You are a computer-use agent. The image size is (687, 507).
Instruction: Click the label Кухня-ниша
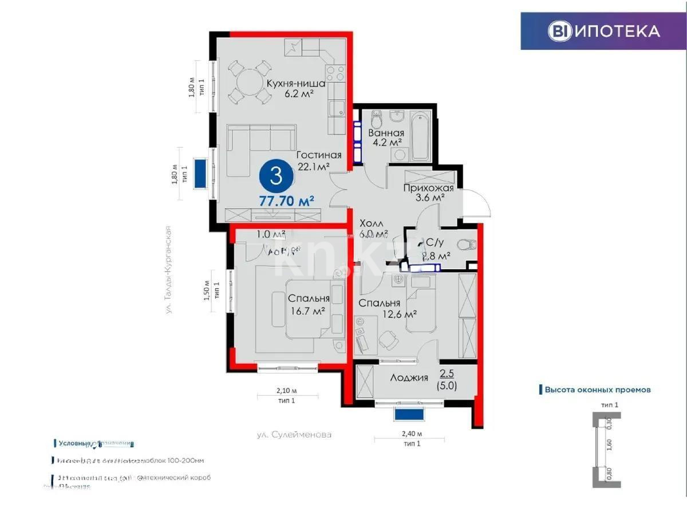pyautogui.click(x=295, y=84)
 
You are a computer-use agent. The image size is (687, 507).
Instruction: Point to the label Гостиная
pyautogui.click(x=319, y=155)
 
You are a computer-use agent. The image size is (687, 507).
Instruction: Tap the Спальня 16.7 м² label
pyautogui.click(x=309, y=304)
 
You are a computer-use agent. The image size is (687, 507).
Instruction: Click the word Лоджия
pyautogui.click(x=409, y=378)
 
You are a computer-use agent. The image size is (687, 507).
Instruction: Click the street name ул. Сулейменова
pyautogui.click(x=294, y=434)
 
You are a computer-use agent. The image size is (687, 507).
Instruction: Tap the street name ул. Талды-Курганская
pyautogui.click(x=169, y=269)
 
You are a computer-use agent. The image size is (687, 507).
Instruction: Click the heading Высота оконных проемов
pyautogui.click(x=597, y=390)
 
